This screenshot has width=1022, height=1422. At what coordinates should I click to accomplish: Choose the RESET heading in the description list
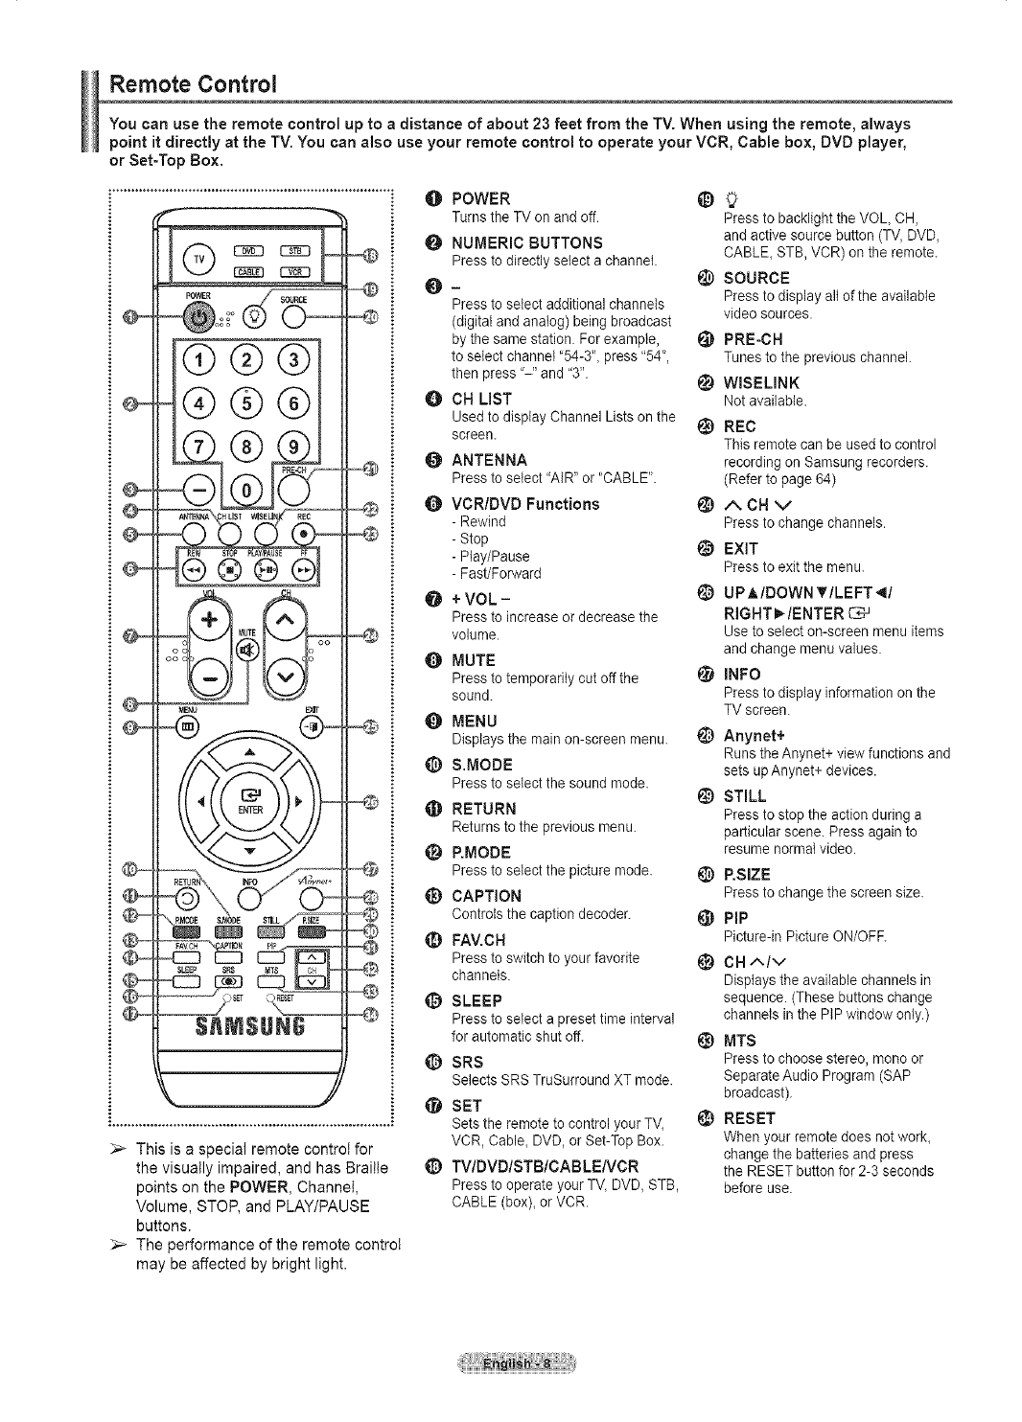[750, 1118]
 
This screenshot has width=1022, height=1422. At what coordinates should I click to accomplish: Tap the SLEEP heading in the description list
[476, 1000]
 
